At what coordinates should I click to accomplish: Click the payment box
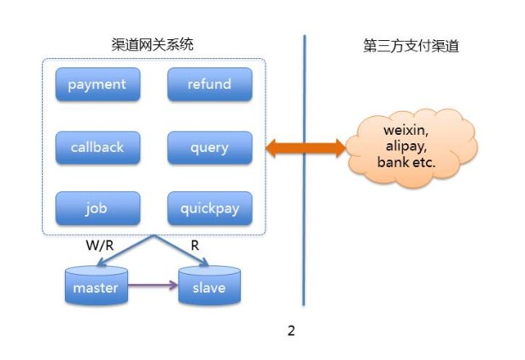tap(96, 84)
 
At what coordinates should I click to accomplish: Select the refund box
tap(209, 84)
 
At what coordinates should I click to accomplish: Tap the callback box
tap(96, 148)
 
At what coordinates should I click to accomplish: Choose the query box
tap(209, 148)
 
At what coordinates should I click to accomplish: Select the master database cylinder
tap(96, 287)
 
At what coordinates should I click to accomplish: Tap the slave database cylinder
tap(208, 287)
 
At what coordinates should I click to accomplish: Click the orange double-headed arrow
tap(305, 149)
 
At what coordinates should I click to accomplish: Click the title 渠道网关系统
tap(154, 45)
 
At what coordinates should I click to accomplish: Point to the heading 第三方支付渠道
tap(411, 45)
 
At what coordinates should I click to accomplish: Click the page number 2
tap(291, 331)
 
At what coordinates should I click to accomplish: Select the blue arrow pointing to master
tap(128, 253)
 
